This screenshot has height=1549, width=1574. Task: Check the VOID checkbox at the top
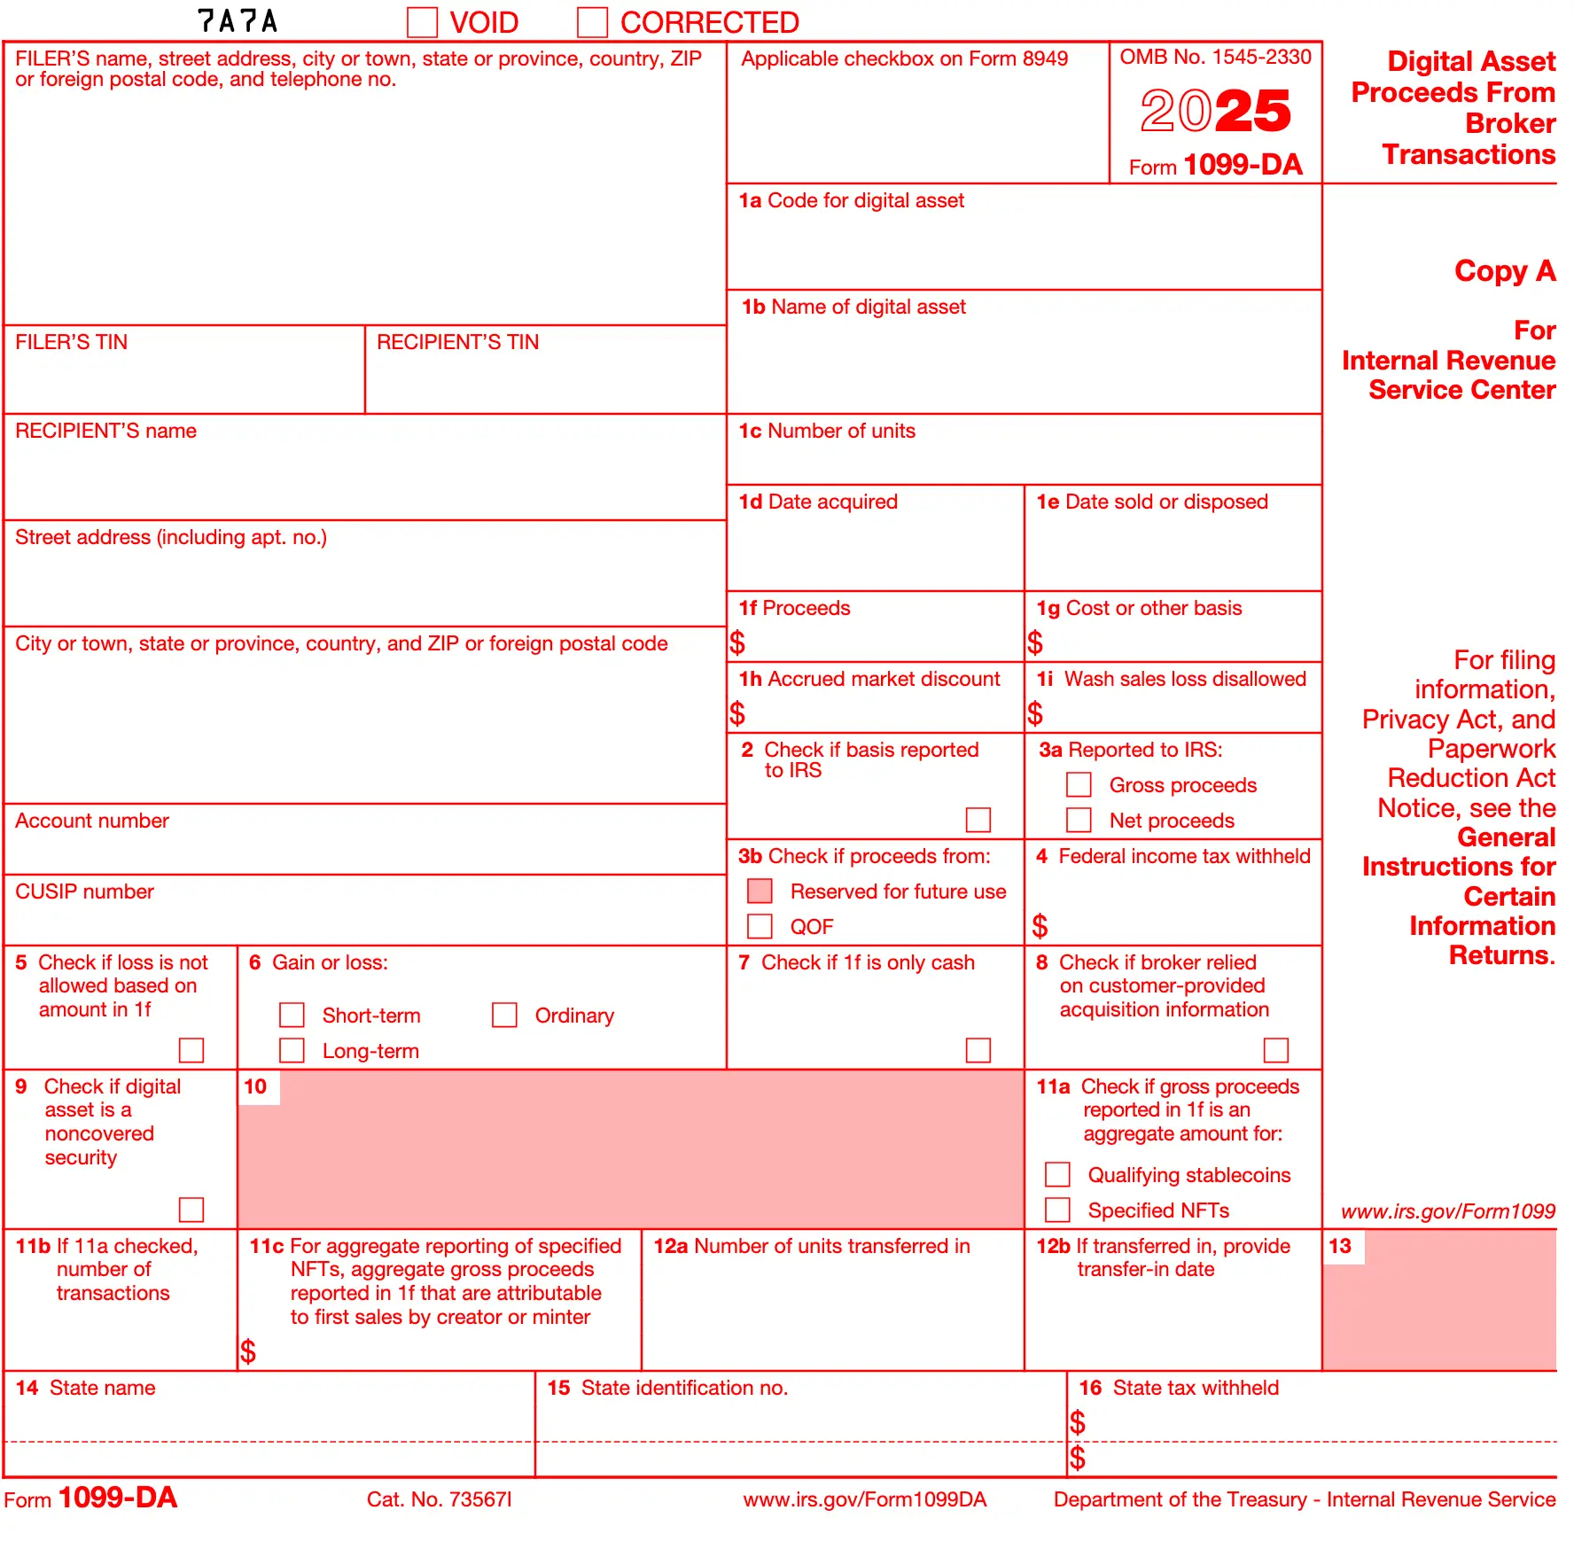[423, 22]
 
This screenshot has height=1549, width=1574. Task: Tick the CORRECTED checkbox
[592, 22]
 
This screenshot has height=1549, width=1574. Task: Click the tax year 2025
[1215, 112]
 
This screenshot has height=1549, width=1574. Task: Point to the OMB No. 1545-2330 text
[1215, 57]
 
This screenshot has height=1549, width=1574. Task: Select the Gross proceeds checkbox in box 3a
[1079, 784]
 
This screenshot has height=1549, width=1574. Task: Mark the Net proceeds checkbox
[1079, 820]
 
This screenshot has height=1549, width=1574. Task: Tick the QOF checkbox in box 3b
[760, 926]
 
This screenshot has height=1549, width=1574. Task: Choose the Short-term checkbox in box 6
[292, 1015]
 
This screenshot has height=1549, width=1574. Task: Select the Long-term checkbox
[292, 1050]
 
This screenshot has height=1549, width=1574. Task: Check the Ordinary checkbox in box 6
[504, 1015]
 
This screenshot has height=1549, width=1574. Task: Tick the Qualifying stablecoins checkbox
[1057, 1174]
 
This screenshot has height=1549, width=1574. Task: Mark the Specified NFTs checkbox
[1057, 1210]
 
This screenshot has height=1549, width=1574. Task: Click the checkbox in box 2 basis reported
[978, 820]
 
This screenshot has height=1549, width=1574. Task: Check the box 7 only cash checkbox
[978, 1050]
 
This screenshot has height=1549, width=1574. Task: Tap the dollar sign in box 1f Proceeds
[737, 642]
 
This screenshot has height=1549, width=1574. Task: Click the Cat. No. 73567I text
[440, 1499]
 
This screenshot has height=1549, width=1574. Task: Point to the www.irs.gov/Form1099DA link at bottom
[864, 1499]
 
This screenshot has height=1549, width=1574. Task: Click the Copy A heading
[1504, 271]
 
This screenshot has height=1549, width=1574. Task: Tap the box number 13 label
[1340, 1246]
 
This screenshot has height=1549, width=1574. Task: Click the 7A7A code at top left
[238, 21]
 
